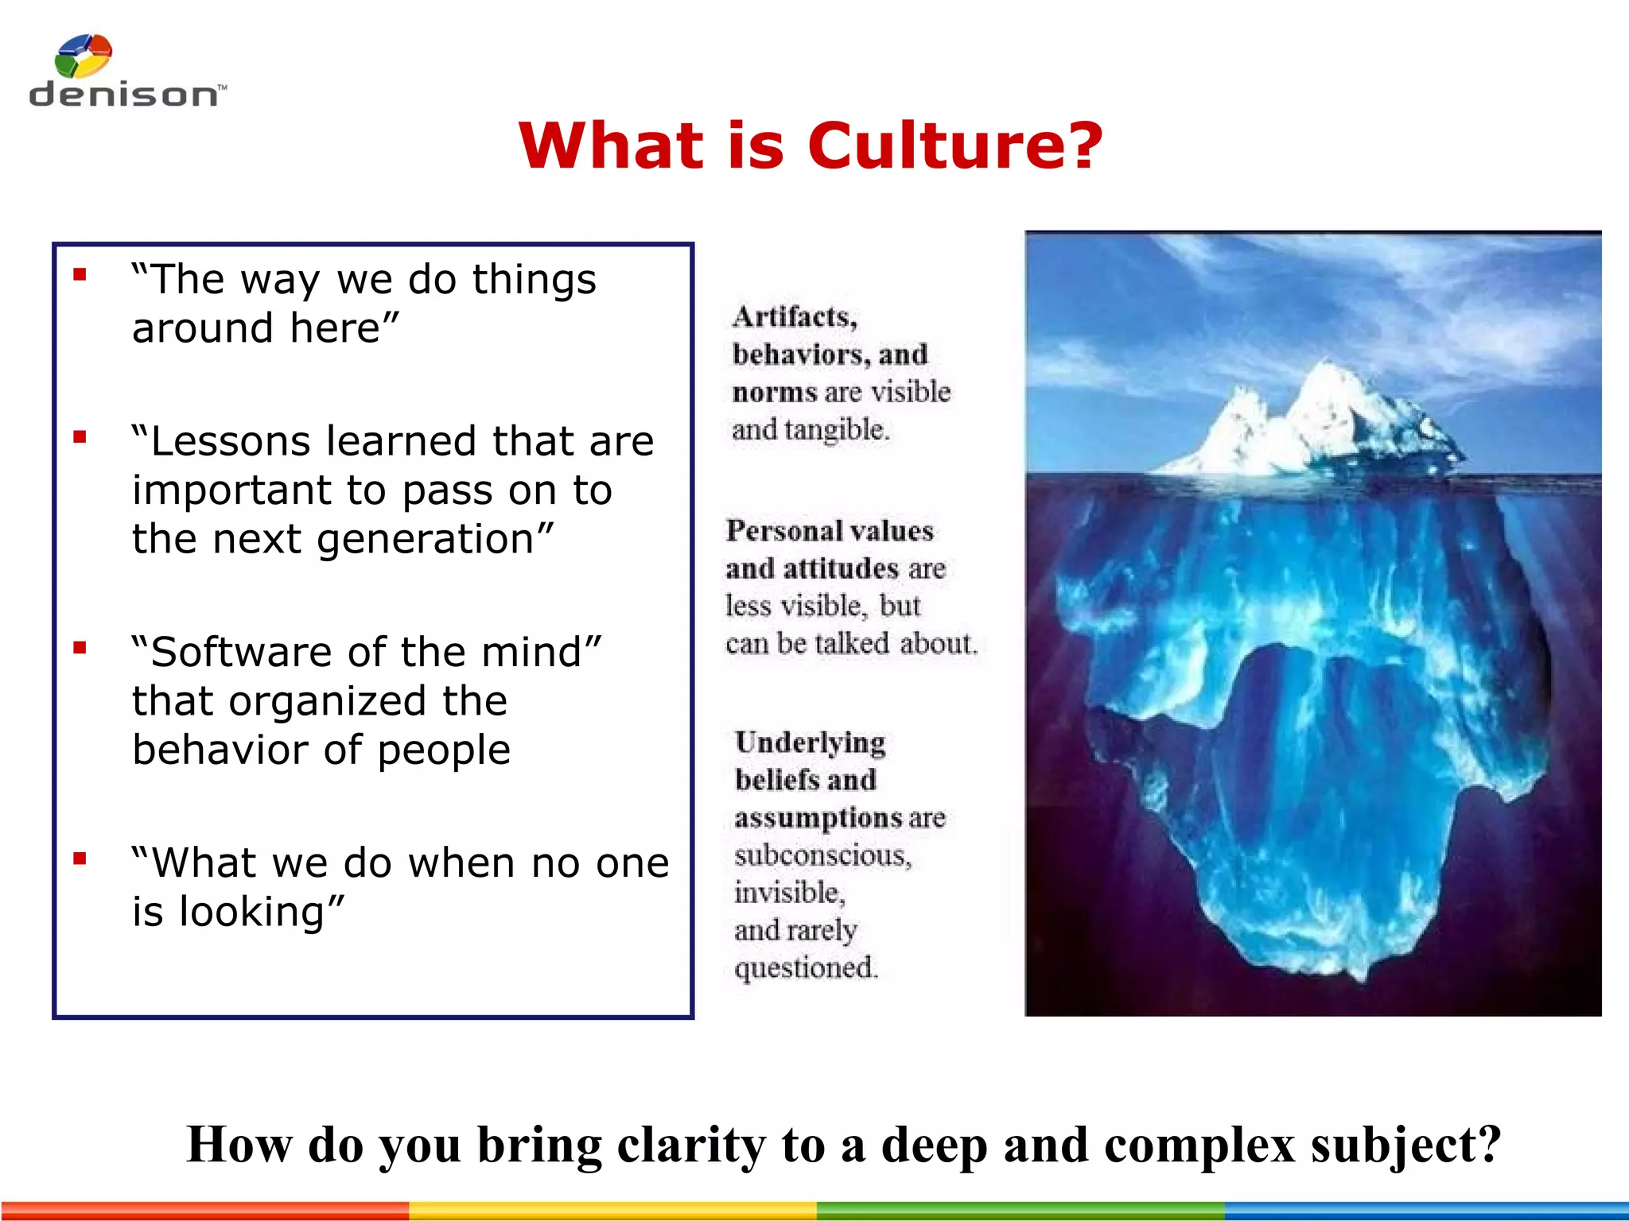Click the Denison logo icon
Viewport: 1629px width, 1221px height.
click(83, 56)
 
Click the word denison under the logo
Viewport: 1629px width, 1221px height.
click(123, 95)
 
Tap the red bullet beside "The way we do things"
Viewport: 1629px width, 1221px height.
click(80, 275)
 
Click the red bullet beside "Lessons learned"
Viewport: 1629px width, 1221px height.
click(80, 437)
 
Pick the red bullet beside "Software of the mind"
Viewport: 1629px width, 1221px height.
click(80, 648)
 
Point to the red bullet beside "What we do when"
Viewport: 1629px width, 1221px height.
click(80, 859)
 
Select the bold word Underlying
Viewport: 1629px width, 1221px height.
click(810, 742)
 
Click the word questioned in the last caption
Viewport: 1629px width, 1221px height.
click(806, 968)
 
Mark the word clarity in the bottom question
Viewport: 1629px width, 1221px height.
click(691, 1145)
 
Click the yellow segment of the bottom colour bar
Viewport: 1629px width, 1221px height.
click(612, 1211)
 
